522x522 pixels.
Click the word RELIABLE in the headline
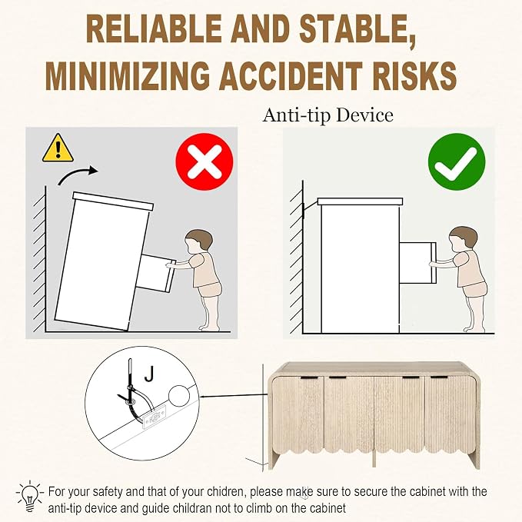coord(154,29)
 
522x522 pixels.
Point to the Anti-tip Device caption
coord(328,115)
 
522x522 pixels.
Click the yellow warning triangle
coord(58,148)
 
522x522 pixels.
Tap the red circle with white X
coord(204,161)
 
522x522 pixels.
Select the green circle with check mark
coord(457,161)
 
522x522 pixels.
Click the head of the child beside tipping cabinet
coord(199,240)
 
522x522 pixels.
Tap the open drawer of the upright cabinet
coord(417,263)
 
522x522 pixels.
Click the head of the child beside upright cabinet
coord(463,238)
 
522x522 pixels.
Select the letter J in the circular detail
coord(150,373)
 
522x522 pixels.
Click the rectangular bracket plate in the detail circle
coord(154,418)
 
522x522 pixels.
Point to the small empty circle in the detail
coord(179,396)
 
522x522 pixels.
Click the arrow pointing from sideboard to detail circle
coord(233,396)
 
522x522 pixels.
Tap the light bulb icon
coord(30,496)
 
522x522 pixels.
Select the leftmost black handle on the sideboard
coord(309,377)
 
